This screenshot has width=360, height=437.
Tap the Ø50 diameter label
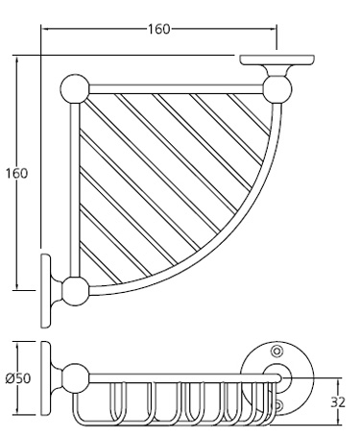click(x=18, y=377)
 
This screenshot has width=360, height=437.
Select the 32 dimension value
click(x=337, y=401)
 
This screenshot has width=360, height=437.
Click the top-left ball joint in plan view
click(x=74, y=88)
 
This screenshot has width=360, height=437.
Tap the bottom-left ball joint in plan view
click(x=74, y=287)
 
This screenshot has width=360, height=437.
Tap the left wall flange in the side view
click(x=47, y=376)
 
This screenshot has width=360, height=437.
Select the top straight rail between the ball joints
click(x=173, y=88)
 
